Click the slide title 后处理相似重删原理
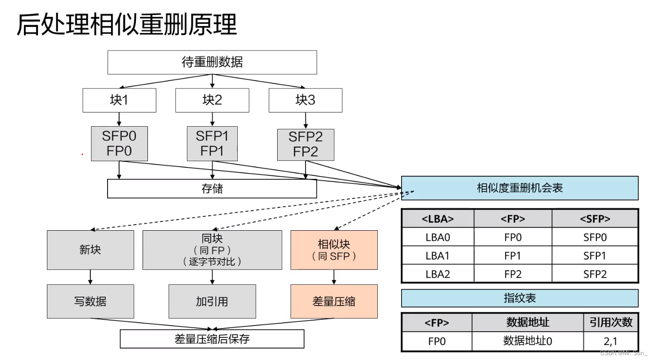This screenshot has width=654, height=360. pos(127,24)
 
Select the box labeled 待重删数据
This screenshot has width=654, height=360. pos(212,62)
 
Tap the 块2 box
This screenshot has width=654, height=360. pos(212,100)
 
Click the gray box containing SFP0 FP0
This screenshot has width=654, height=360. pos(119,143)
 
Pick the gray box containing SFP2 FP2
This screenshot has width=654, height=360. pos(306,144)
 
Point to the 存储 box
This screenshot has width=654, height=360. pos(212,189)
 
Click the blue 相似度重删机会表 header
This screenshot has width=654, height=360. pos(519,188)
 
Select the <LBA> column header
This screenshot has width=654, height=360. pos(437,219)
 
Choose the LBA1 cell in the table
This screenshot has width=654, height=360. pos(437,255)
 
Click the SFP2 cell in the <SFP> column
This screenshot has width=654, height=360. pos(595,274)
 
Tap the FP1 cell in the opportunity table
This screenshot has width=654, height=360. pos(513,255)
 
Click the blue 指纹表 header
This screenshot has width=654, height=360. pos(519,298)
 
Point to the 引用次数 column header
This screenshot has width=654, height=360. pos(611,322)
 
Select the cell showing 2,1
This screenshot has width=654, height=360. pos(611,341)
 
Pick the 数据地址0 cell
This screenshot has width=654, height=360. pos(527,341)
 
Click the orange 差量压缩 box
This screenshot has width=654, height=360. pos(334,302)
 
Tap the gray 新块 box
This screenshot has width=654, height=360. pos(90,250)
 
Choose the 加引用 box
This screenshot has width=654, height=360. pos(212,302)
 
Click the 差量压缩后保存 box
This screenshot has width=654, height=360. pos(212,339)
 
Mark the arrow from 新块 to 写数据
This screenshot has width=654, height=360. pos(90,277)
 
